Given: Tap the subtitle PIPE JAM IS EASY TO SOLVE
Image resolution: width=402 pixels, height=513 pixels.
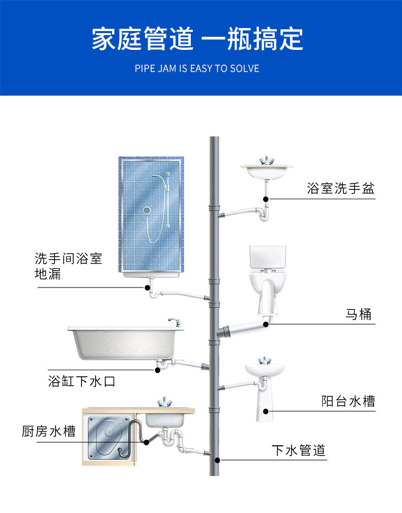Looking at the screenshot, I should (197, 68).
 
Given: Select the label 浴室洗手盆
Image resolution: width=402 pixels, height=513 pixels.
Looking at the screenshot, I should (340, 188).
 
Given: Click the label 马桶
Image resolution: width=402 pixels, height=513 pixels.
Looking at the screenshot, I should (359, 314).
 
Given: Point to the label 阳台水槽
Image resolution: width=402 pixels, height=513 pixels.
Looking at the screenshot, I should (348, 401).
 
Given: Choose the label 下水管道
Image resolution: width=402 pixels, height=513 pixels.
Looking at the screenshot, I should (298, 450).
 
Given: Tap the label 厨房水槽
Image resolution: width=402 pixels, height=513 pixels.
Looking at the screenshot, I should (49, 432).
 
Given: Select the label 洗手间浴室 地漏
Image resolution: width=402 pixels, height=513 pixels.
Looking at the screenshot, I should (68, 266).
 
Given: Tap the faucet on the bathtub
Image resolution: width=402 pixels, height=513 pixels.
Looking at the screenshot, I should (175, 322).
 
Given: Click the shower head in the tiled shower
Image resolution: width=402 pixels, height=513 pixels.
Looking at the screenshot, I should (155, 178).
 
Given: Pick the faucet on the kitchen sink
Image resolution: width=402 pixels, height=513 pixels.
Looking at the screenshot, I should (164, 402).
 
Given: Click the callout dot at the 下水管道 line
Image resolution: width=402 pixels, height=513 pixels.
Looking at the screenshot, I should (217, 460).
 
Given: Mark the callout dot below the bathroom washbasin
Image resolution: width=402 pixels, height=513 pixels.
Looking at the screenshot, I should (265, 198).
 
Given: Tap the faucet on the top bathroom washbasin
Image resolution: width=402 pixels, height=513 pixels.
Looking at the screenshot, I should (266, 160).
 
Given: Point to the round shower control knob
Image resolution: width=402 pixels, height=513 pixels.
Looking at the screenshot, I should (147, 209).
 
